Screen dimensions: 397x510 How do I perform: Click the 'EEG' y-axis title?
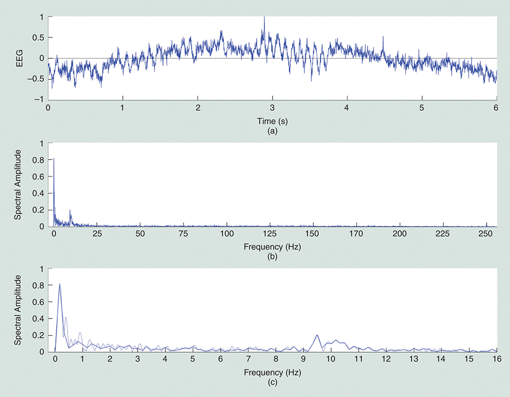point(19,58)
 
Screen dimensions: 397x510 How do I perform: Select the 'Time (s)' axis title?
point(272,121)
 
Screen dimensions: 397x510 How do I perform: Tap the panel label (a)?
point(272,131)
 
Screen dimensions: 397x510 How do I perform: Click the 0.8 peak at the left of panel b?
point(54,159)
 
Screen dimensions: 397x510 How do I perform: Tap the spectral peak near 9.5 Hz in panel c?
point(316,336)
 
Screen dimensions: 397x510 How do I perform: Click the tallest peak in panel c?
point(60,285)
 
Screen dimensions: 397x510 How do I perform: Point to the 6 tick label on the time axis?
point(496,109)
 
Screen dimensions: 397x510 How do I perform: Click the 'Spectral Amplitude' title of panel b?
point(19,184)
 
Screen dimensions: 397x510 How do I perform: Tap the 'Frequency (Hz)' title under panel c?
point(272,373)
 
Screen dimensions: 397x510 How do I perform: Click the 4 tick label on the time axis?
point(347,109)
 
